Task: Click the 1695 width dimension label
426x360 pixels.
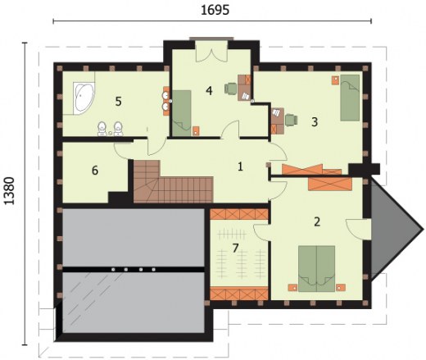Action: coord(215,11)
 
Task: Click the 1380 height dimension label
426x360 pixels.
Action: coord(10,191)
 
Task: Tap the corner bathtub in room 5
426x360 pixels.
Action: coord(84,98)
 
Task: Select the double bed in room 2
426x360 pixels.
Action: coord(316,269)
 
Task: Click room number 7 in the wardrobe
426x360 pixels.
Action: coord(235,248)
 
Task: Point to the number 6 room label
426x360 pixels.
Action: coord(95,171)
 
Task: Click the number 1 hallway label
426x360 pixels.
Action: coord(240,166)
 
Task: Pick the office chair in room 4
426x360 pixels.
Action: coord(231,89)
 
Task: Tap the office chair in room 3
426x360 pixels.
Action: coord(292,120)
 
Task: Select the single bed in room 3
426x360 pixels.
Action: coord(350,98)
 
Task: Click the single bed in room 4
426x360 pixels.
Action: coord(181,113)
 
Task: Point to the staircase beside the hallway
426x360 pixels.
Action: coord(173,181)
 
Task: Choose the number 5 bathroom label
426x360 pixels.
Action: coord(118,102)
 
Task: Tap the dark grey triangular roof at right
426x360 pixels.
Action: coord(393,229)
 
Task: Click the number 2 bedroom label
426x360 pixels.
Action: coord(317,221)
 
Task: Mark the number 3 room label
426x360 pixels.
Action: coord(315,122)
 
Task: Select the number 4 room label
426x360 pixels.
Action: coord(209,90)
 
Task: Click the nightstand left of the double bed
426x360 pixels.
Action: coord(292,288)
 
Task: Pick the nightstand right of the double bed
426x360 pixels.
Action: coord(341,288)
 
